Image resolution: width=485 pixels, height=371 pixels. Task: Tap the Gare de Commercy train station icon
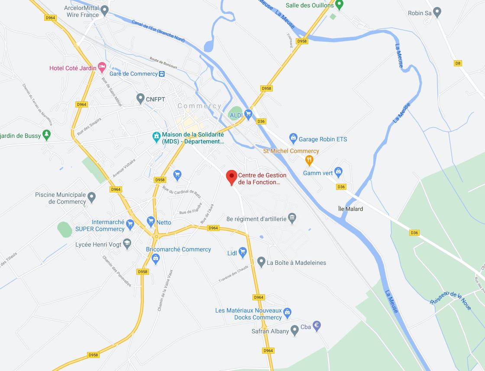(162, 74)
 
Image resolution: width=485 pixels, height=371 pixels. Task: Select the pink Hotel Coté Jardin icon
(102, 68)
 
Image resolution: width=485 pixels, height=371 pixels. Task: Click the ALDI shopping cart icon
(248, 114)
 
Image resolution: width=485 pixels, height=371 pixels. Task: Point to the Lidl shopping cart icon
(242, 252)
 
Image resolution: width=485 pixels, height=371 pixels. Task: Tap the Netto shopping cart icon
(151, 221)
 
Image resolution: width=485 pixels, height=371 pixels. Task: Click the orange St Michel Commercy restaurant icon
(309, 160)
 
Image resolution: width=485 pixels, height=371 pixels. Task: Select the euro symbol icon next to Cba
(317, 325)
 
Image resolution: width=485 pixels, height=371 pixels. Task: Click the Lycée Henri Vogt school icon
(127, 244)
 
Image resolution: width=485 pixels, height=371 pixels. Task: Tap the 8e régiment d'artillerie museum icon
(292, 218)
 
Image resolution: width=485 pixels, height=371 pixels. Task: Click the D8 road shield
(458, 63)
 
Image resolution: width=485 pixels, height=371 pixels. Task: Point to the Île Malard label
(350, 209)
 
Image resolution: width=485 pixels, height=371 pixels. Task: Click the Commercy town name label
(199, 106)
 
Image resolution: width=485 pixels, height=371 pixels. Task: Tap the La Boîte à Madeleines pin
(261, 262)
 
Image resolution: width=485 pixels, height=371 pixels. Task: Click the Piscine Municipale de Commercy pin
(91, 198)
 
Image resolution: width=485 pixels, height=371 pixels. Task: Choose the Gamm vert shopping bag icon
(339, 172)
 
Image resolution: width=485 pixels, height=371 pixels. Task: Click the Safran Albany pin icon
(294, 331)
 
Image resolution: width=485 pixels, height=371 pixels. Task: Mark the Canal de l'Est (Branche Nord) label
(158, 32)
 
